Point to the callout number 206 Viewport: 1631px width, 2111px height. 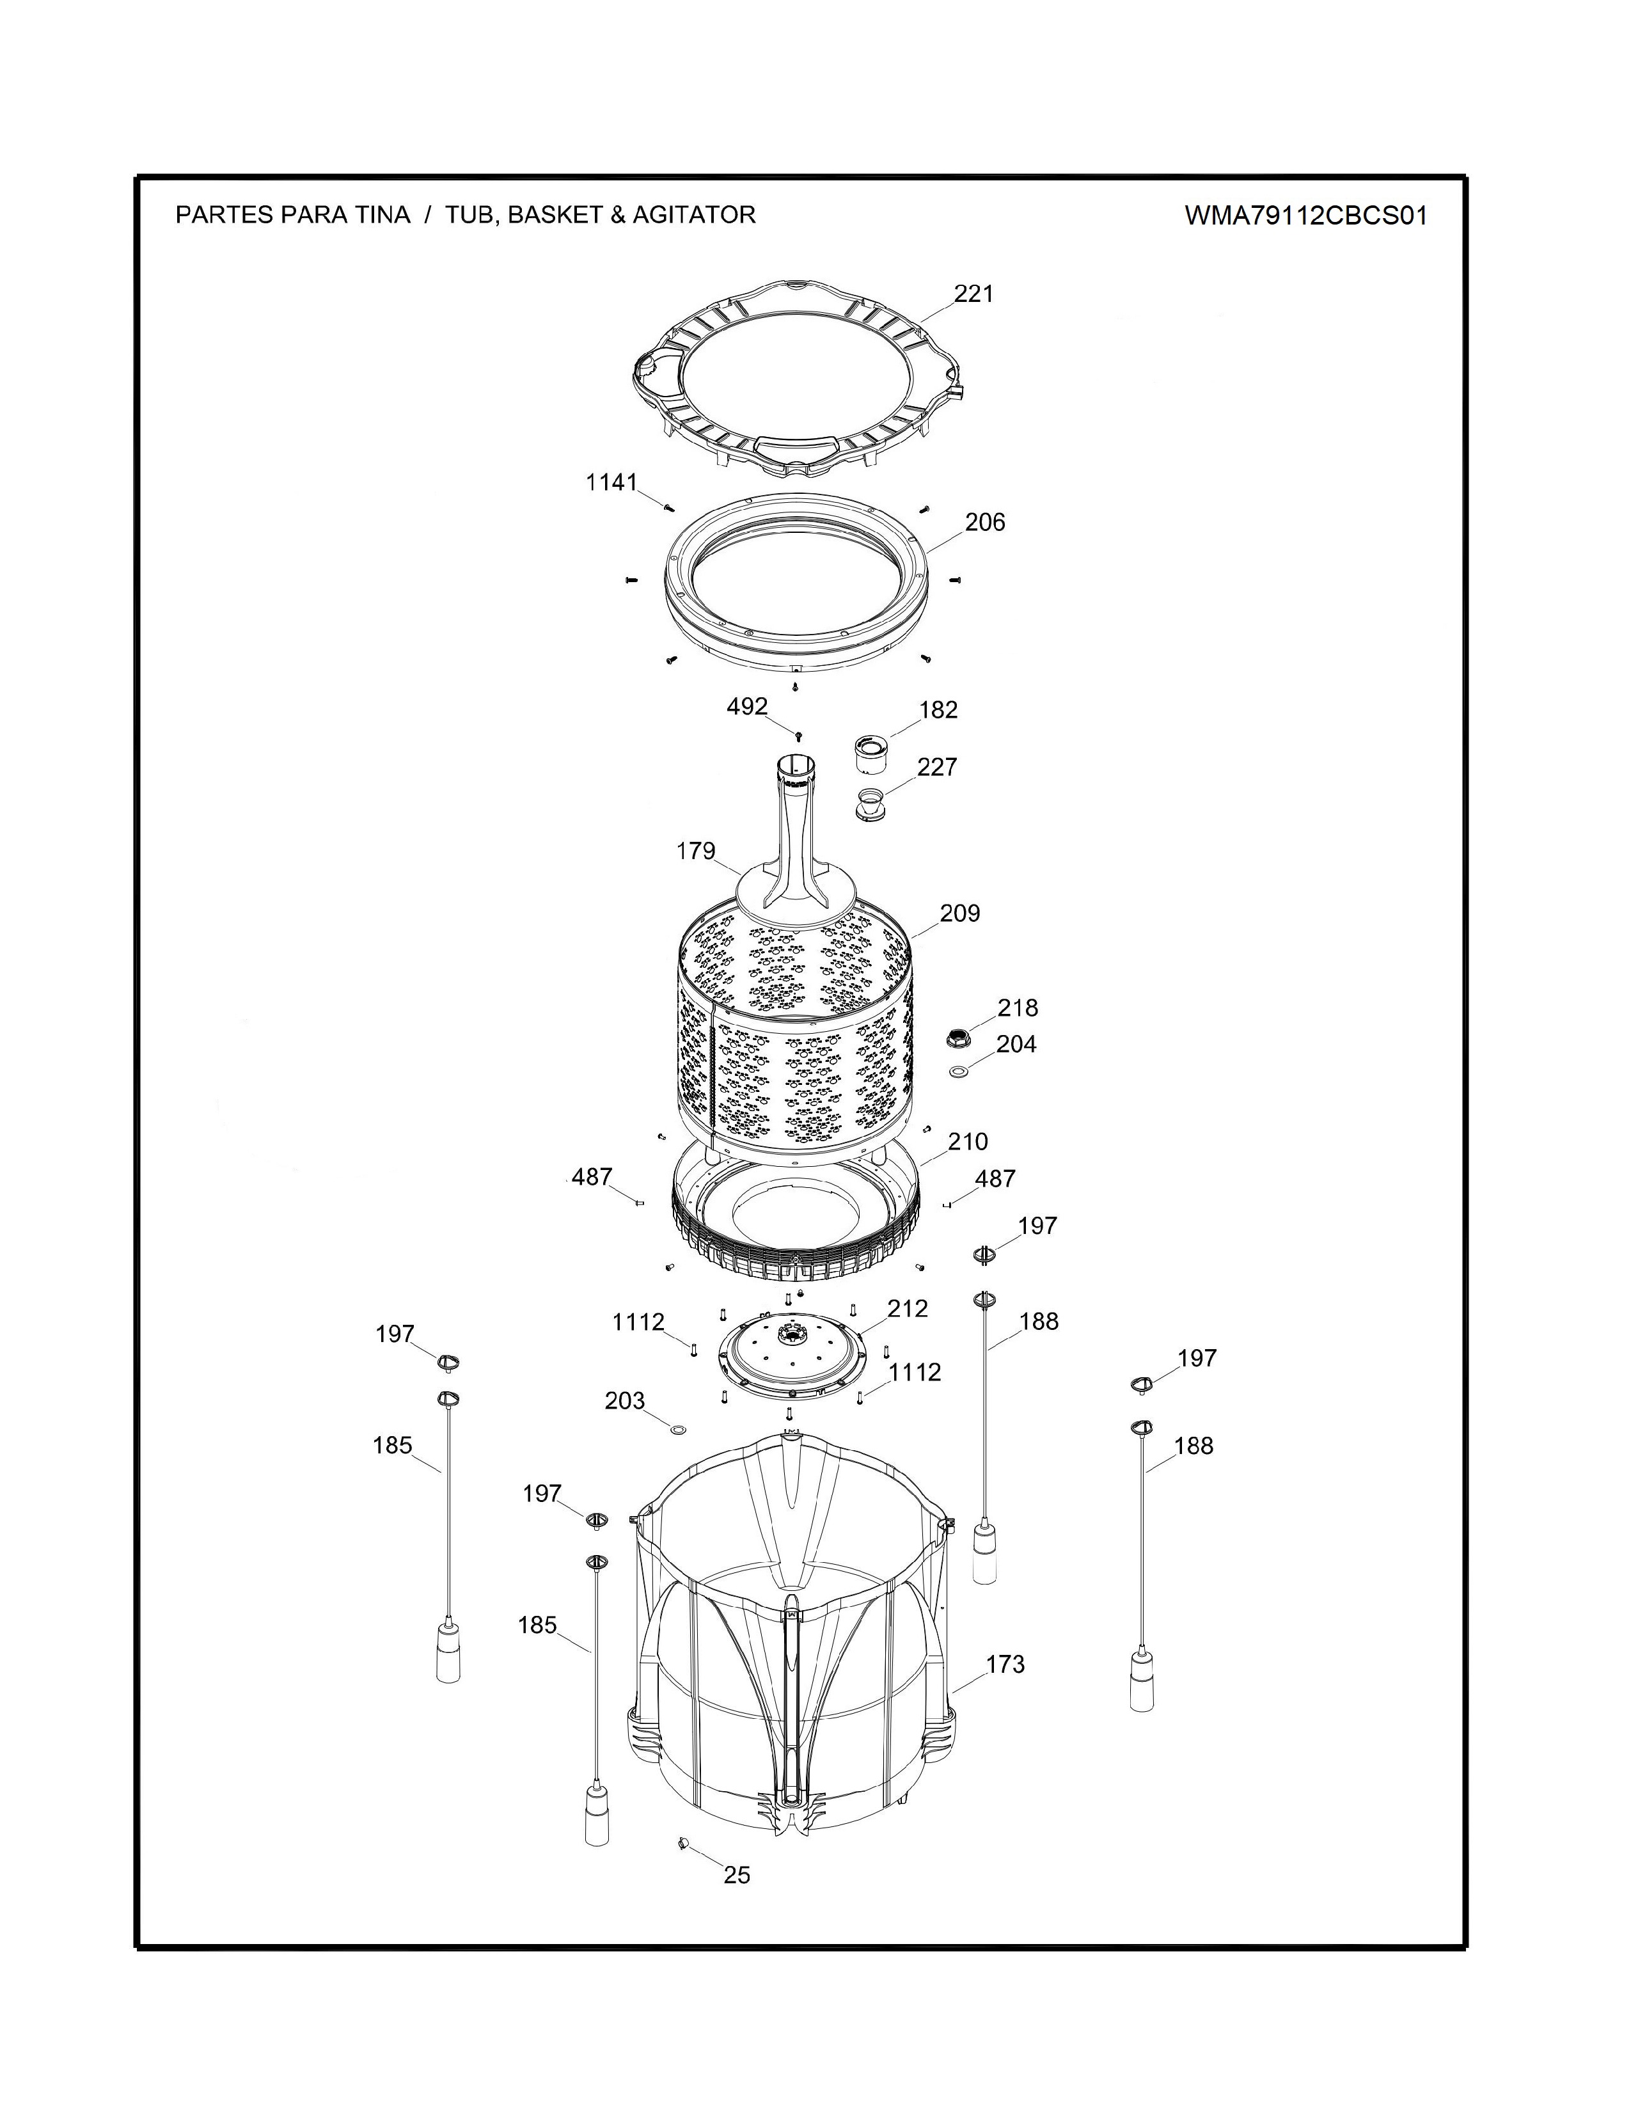coord(984,522)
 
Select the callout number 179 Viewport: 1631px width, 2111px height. coord(696,851)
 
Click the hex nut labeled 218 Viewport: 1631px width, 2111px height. coord(957,1039)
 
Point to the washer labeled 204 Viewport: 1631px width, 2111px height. coord(959,1072)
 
